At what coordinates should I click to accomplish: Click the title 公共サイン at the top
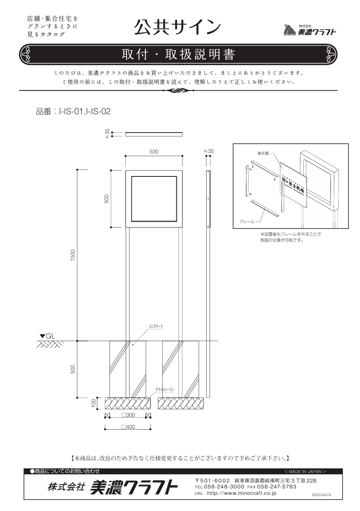[x=177, y=27]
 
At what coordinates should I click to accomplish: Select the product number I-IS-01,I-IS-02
[x=85, y=112]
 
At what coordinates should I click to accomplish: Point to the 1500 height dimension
[x=73, y=255]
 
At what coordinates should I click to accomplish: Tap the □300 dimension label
[x=128, y=415]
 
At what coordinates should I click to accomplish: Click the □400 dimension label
[x=128, y=427]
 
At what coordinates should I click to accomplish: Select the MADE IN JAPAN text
[x=305, y=471]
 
